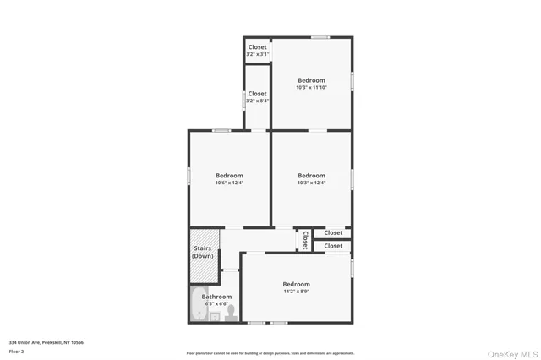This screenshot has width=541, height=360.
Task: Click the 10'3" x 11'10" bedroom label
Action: click(311, 80)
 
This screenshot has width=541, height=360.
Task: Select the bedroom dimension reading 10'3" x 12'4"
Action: click(311, 183)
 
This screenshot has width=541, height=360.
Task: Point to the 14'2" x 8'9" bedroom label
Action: click(296, 291)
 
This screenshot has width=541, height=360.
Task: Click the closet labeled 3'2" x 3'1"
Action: click(257, 55)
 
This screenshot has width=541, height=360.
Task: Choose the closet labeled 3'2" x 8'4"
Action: click(257, 101)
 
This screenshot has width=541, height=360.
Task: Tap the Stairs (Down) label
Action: click(203, 252)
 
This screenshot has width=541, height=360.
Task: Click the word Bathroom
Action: click(216, 297)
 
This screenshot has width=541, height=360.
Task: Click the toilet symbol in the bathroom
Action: click(229, 314)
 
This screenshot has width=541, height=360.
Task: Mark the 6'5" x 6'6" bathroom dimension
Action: click(216, 304)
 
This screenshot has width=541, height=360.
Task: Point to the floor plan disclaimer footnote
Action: click(270, 353)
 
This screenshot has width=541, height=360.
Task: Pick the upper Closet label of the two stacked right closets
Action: click(333, 232)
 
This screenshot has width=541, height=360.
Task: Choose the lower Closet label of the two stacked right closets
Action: click(333, 246)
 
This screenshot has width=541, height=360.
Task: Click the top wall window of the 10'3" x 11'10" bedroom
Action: click(320, 36)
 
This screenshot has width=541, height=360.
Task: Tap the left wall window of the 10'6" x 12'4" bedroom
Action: click(189, 174)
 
